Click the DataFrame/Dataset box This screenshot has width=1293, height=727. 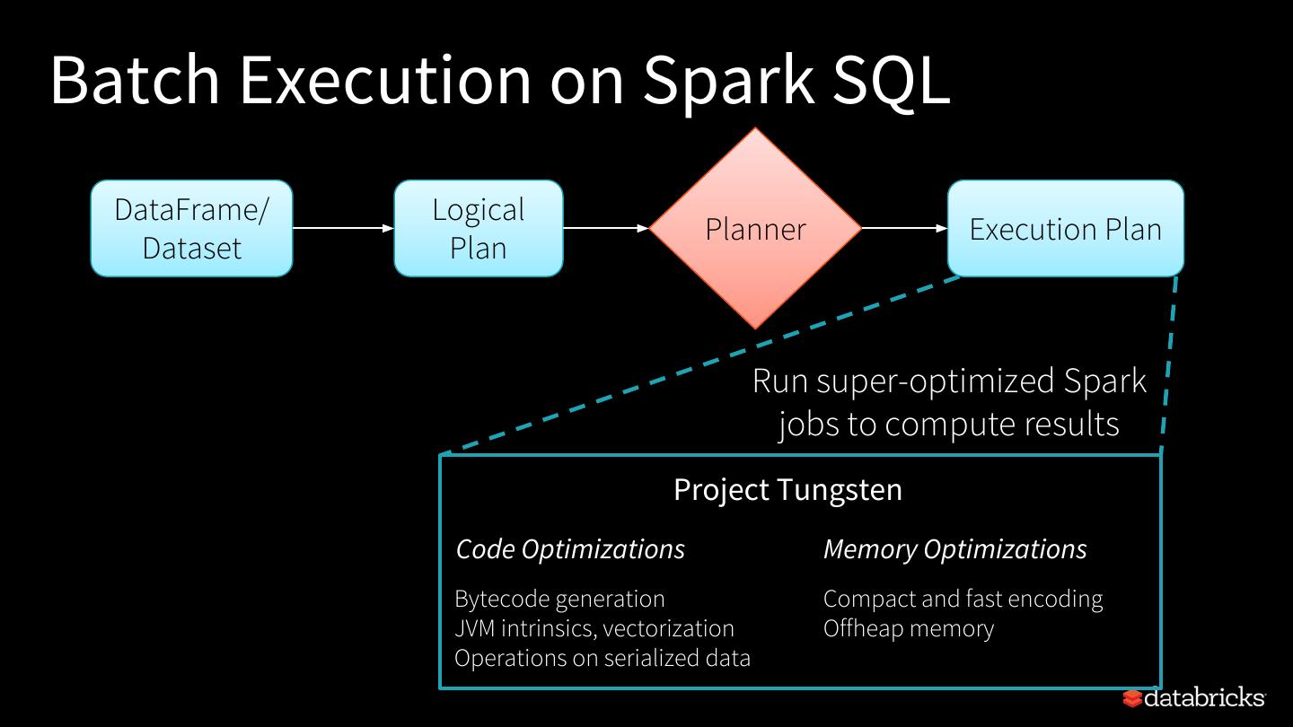[x=191, y=229]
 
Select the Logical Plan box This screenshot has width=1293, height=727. [x=479, y=229]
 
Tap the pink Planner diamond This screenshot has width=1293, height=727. [x=755, y=229]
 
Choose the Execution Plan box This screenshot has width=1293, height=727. [x=1066, y=229]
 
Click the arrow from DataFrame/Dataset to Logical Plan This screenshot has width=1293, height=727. [x=343, y=229]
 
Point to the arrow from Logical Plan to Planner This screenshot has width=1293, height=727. [x=606, y=229]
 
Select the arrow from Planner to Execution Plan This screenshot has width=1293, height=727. [x=904, y=229]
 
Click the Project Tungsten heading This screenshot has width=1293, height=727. [x=788, y=490]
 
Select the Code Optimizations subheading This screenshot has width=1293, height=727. [x=570, y=549]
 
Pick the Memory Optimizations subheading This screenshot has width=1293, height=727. [x=955, y=549]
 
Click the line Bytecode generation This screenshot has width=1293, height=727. [x=560, y=599]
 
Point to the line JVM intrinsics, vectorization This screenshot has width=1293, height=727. [x=594, y=628]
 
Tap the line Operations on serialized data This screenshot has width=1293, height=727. [x=603, y=659]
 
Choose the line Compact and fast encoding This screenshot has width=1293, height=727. [x=963, y=599]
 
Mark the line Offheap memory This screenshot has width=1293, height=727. [x=909, y=628]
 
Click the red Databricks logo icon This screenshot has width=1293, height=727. [x=1132, y=698]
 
